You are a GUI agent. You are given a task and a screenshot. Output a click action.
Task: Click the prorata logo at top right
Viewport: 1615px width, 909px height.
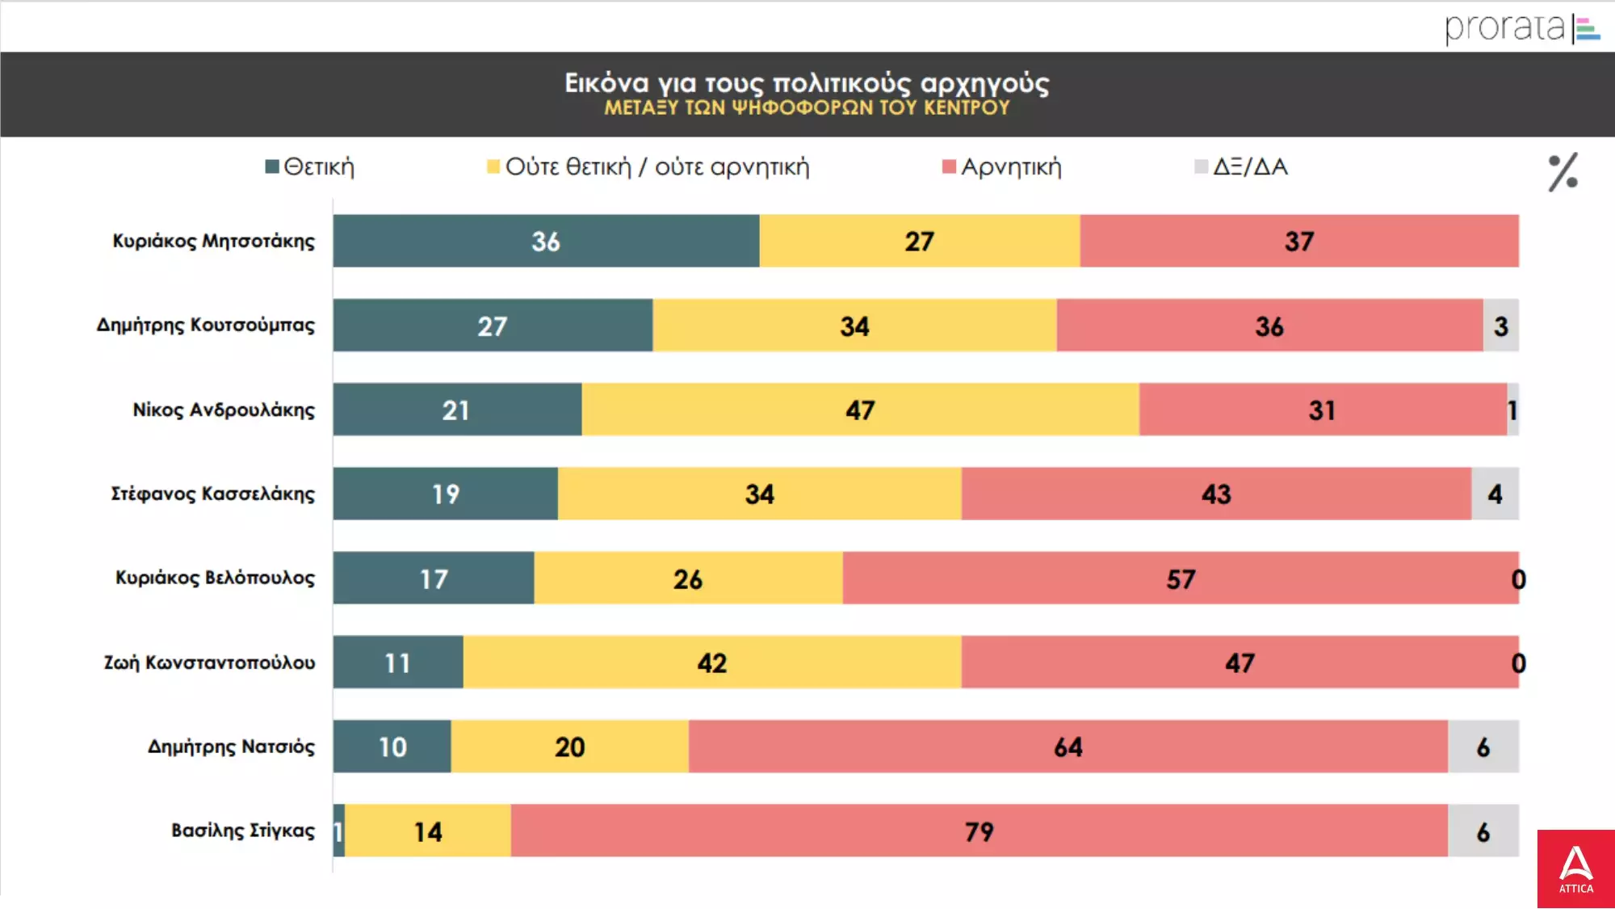[1521, 27]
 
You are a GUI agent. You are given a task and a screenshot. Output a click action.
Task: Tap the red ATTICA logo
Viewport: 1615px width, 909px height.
[1575, 869]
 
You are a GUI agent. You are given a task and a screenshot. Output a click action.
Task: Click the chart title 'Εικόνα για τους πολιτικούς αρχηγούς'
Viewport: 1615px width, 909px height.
[806, 83]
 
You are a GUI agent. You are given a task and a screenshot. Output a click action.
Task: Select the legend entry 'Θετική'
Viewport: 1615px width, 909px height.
[310, 167]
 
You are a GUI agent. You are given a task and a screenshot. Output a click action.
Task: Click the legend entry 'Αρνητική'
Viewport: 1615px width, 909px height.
[1002, 167]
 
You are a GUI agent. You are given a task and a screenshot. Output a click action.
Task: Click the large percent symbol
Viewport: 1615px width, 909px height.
[1563, 172]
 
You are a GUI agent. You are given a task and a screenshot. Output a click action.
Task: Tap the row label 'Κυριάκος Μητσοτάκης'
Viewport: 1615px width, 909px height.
[213, 241]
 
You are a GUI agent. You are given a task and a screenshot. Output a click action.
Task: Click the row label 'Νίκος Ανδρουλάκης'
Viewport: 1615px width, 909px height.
[224, 410]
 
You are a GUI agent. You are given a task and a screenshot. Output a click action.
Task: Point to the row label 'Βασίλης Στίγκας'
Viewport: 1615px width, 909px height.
[242, 831]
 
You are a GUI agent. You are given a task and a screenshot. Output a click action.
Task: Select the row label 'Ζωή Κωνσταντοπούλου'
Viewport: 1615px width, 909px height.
[209, 663]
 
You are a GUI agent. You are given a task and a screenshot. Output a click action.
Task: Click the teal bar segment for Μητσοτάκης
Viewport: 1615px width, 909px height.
[546, 241]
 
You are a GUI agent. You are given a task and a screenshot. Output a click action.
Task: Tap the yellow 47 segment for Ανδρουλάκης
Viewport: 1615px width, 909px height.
[860, 410]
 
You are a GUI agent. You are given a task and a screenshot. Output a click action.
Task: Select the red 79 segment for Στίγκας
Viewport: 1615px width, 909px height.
[979, 831]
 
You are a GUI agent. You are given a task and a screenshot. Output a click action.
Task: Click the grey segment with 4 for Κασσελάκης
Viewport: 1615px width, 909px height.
[1495, 494]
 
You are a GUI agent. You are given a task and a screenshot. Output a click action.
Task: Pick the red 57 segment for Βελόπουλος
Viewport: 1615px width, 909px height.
[1180, 579]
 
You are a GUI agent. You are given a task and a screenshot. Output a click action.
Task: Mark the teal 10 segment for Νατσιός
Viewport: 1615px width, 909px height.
[392, 747]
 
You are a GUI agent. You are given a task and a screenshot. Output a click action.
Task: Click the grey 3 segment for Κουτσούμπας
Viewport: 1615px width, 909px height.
[1500, 326]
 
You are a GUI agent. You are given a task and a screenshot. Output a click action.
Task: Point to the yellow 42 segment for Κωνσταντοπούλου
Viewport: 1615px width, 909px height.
[711, 663]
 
